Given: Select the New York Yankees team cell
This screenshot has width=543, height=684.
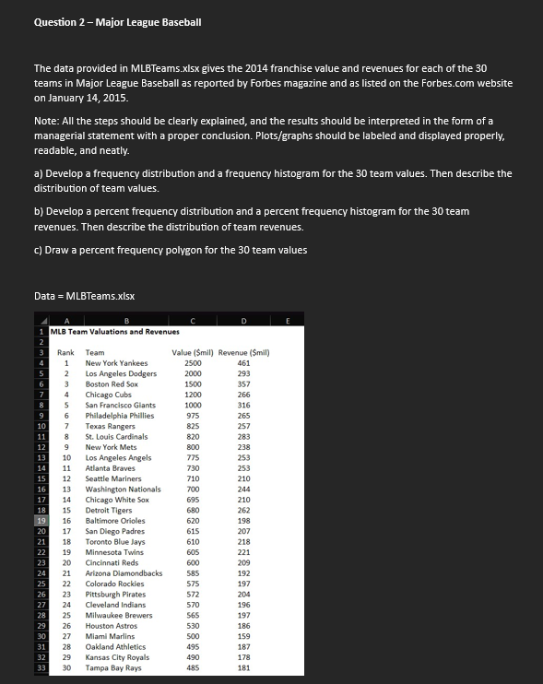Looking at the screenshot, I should pos(116,363).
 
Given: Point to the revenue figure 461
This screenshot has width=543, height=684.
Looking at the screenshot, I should pos(243,363).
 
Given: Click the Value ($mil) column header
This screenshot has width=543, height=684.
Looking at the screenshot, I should pos(192,351).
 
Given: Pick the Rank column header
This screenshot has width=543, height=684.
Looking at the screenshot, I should pos(65,351).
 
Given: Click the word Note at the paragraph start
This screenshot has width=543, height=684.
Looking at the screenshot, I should pos(45,121).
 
